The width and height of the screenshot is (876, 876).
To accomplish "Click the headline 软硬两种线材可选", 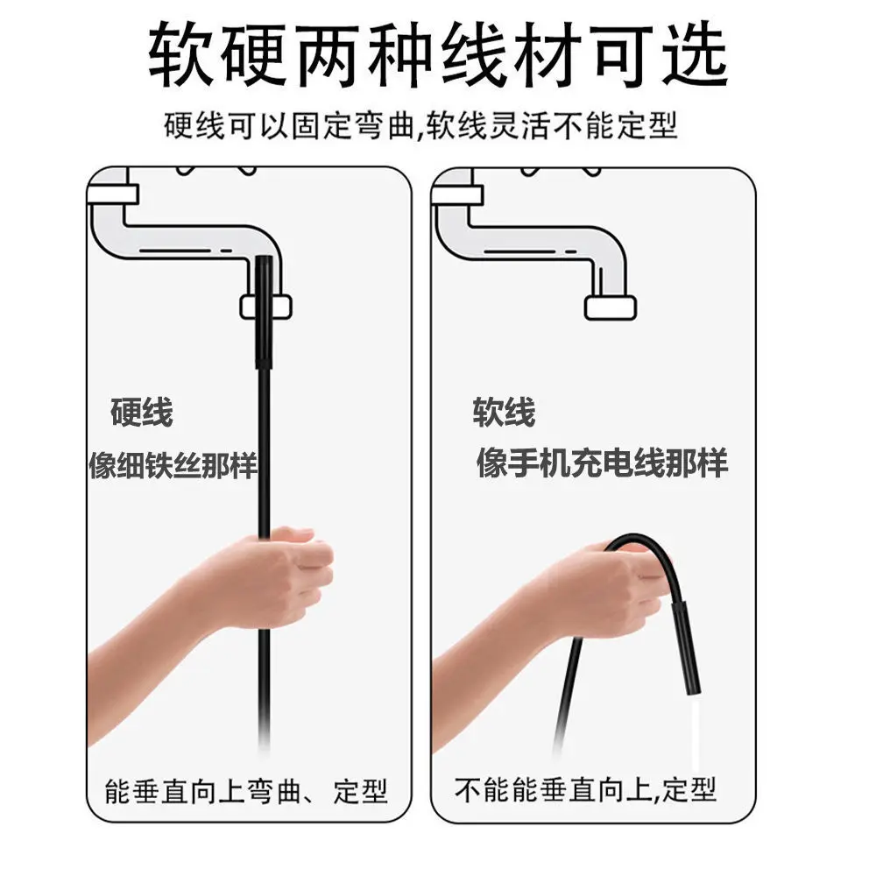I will pos(438,54).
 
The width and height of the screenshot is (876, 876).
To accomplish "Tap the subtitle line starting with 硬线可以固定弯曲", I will pos(421,125).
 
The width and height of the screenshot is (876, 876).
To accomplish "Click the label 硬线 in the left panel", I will pos(141,413).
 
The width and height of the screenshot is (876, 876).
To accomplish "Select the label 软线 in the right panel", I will pos(505,413).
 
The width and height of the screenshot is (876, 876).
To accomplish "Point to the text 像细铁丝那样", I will pos(173,465).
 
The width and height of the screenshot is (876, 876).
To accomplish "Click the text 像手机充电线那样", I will pos(603,463).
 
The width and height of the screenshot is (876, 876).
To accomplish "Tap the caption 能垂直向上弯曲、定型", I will pos(245,791).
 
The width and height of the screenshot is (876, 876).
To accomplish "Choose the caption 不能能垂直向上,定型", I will pos(585,791).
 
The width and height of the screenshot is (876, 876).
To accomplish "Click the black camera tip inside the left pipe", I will pos(264,311).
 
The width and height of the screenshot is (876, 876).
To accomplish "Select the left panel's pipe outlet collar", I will pos(265,307).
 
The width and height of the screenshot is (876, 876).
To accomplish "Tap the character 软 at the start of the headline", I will pos(180,54).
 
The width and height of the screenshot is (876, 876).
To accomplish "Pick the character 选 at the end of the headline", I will pos(697,54).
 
